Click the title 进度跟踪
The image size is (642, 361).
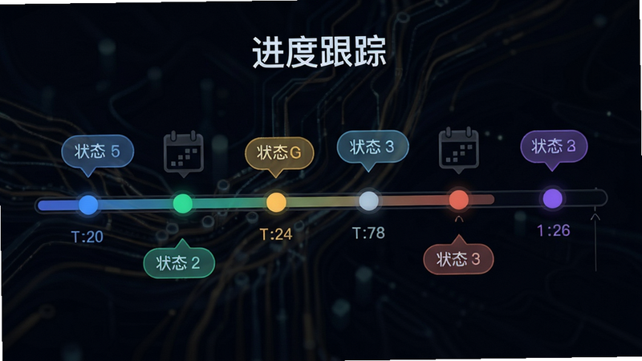[319, 51]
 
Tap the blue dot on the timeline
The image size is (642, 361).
[88, 205]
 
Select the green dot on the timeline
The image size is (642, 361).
[183, 203]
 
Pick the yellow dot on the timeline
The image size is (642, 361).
[276, 202]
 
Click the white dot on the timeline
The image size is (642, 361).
[369, 201]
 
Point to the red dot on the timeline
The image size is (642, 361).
[458, 199]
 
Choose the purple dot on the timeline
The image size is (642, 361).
[552, 198]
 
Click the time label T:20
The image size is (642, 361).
[87, 237]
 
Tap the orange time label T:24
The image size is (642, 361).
[276, 234]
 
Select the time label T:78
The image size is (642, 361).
[368, 233]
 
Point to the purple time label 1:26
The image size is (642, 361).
[554, 230]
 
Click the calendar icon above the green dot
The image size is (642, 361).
[184, 153]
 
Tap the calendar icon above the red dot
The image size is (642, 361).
[458, 150]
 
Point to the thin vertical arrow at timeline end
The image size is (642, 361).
[595, 242]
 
